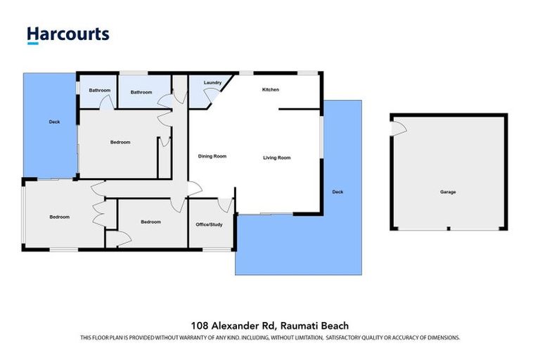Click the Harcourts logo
(x=68, y=34)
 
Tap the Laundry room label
(x=212, y=83)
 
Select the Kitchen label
(x=271, y=90)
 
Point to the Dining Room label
(x=212, y=157)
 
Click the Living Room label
(x=277, y=157)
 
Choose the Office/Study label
(x=209, y=224)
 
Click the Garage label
(x=448, y=192)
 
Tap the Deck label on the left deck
(x=54, y=122)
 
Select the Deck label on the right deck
(x=337, y=192)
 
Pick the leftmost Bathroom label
(x=99, y=90)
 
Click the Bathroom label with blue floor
(x=141, y=92)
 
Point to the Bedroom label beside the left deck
(x=120, y=143)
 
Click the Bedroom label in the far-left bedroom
(x=59, y=217)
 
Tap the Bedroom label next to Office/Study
(x=150, y=222)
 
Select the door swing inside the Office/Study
(x=225, y=205)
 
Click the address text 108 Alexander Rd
(x=233, y=326)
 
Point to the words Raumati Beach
(x=314, y=326)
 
